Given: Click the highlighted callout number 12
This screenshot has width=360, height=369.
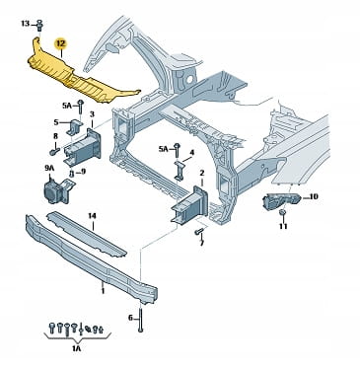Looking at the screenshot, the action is (61, 43).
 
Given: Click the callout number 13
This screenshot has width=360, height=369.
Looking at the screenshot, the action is (25, 24).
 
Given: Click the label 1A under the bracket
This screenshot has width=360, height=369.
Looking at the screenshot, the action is (76, 348).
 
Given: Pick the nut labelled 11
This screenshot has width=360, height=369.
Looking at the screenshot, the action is (282, 214).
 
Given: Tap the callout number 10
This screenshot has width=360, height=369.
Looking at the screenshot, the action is (314, 196).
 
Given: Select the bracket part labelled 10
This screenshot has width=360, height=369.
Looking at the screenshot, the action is (280, 201).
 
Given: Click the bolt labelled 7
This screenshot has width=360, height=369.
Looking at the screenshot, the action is (199, 232).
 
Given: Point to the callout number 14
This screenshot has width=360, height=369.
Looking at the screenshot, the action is (92, 216).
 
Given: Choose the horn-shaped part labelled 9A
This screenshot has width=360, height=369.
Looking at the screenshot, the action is (56, 191).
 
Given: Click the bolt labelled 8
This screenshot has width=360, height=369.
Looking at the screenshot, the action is (54, 151).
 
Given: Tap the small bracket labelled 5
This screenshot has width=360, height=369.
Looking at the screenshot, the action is (74, 127).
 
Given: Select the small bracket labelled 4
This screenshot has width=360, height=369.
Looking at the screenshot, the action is (180, 171).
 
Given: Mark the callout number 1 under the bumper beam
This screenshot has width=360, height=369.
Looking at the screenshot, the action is (103, 291).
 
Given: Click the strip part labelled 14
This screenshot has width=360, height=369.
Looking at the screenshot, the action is (86, 233).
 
